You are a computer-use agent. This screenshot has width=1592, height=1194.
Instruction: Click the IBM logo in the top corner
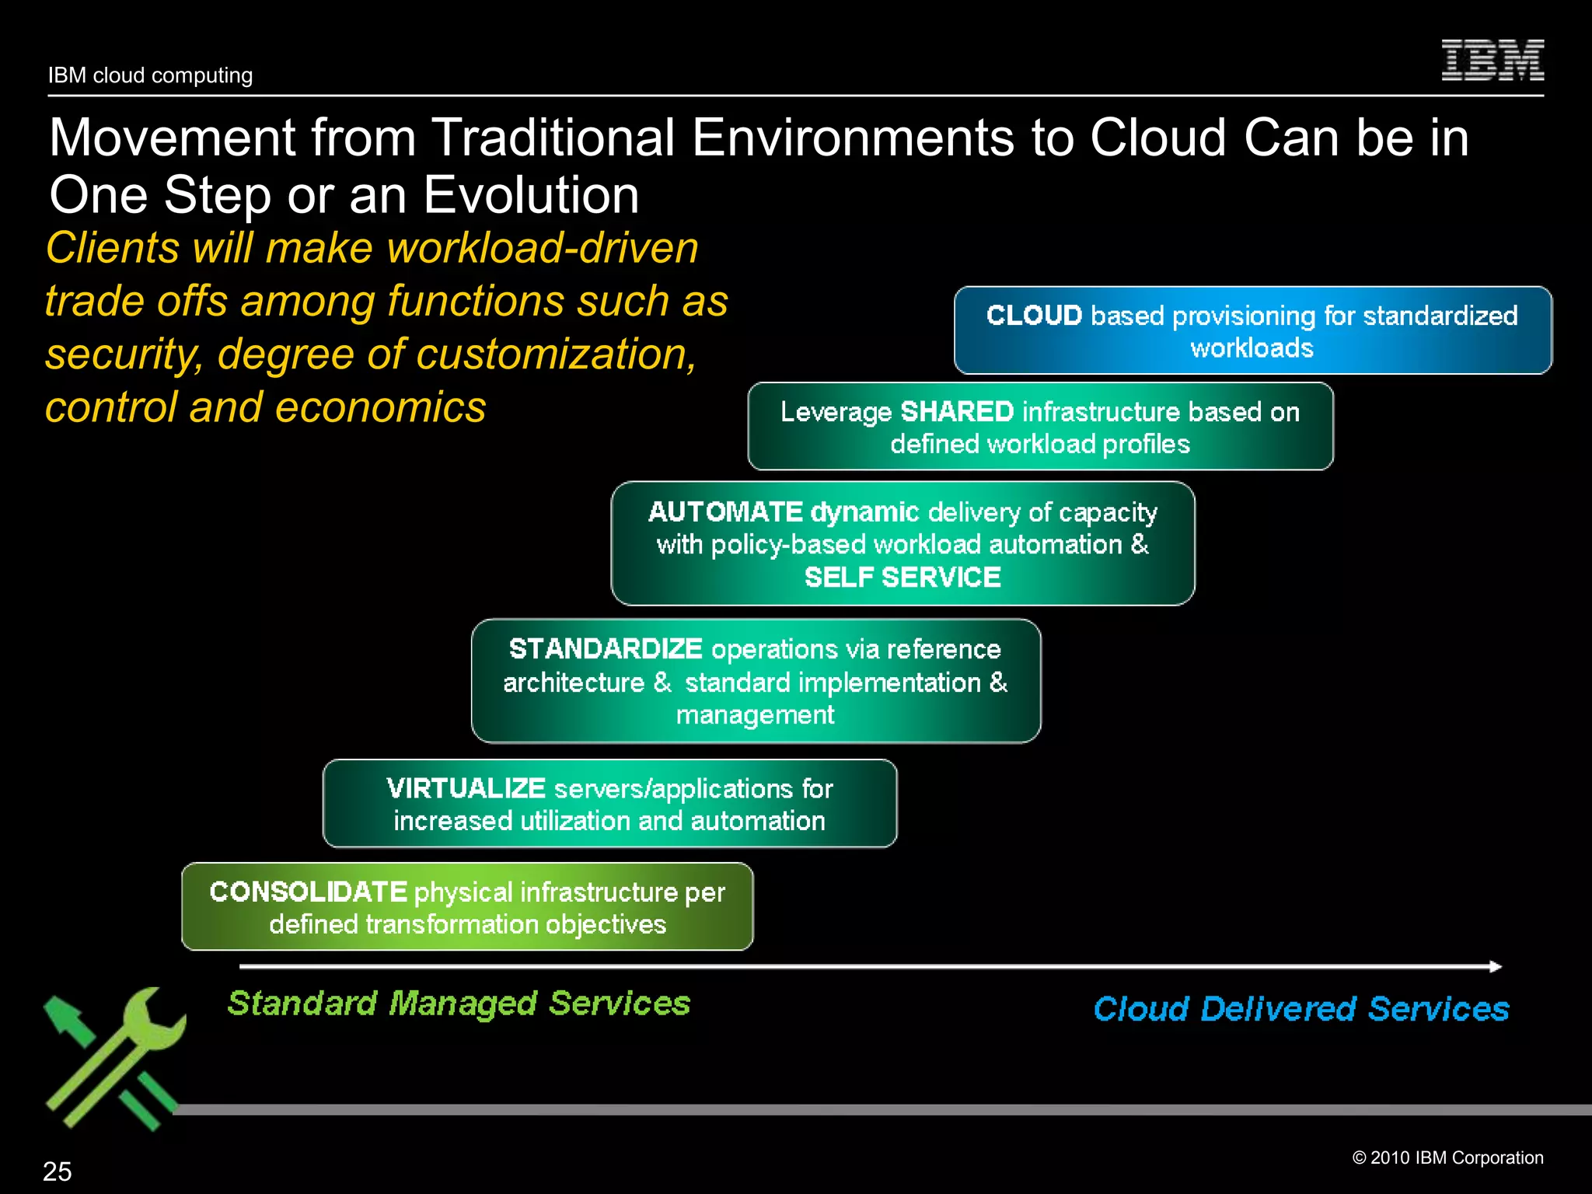[x=1492, y=61]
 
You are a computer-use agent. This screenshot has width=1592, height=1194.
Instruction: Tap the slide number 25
[x=57, y=1171]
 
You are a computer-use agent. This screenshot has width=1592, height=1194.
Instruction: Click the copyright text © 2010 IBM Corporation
[x=1447, y=1157]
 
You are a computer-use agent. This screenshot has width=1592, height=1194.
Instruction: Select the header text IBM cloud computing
[x=150, y=75]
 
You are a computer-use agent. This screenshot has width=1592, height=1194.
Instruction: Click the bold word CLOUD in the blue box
[x=1034, y=316]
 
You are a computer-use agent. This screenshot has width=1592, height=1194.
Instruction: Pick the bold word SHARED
[x=957, y=411]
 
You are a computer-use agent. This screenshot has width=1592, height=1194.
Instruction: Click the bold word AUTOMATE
[x=725, y=511]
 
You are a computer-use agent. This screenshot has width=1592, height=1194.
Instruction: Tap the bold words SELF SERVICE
[x=902, y=578]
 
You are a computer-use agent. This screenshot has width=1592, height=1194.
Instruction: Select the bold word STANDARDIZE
[x=606, y=648]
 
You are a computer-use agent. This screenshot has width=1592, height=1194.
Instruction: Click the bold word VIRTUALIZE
[x=466, y=788]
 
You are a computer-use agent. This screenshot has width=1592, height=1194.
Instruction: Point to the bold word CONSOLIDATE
[x=308, y=892]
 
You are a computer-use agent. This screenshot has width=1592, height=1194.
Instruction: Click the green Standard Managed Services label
[x=459, y=1003]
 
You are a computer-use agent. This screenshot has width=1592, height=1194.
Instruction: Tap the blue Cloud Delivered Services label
[x=1300, y=1009]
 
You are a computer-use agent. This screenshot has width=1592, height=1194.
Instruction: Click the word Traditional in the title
[x=553, y=138]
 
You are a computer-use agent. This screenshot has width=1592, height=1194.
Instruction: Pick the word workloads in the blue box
[x=1252, y=347]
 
